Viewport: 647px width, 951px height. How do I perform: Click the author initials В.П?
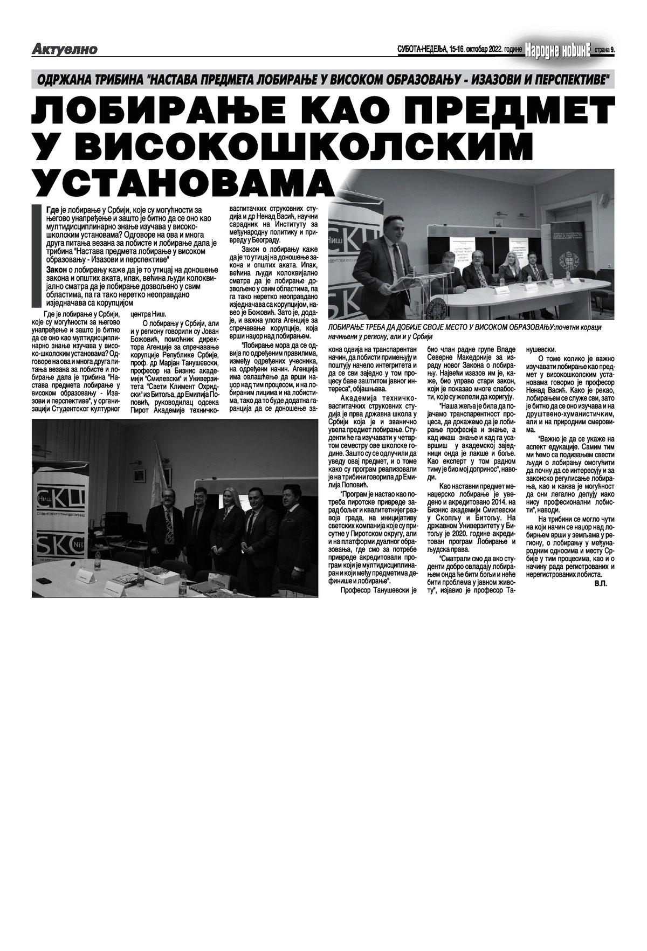[x=599, y=583]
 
